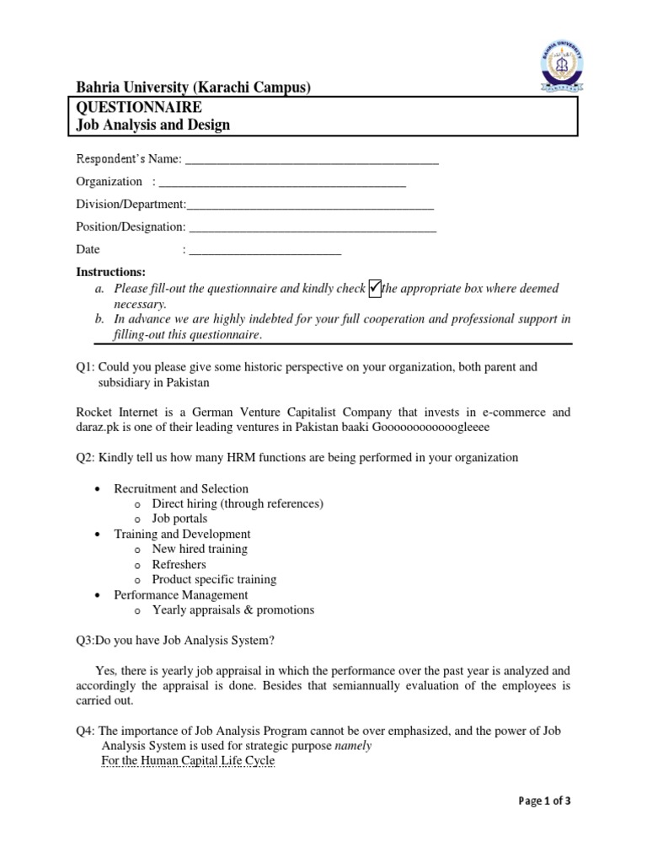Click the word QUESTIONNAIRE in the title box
click(x=139, y=107)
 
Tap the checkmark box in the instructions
click(x=375, y=289)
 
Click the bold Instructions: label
click(x=111, y=272)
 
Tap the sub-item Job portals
click(x=179, y=519)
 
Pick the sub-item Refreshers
click(x=179, y=564)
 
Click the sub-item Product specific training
click(x=214, y=579)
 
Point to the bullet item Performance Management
click(x=181, y=594)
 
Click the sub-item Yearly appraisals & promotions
click(x=233, y=609)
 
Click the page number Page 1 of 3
click(x=544, y=801)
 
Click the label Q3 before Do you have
click(x=85, y=640)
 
